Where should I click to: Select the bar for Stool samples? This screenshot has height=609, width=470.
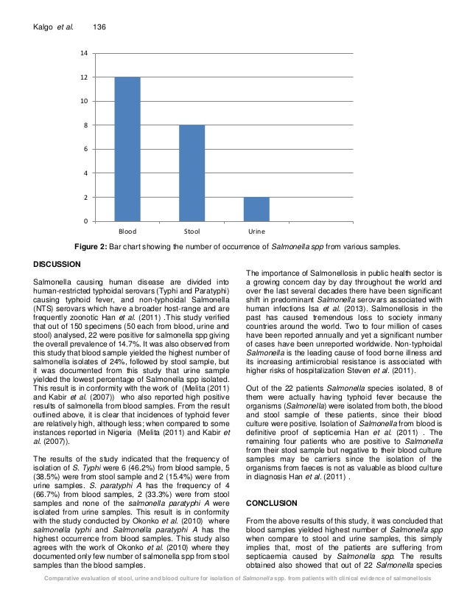(192, 173)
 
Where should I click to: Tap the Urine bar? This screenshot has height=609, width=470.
(256, 209)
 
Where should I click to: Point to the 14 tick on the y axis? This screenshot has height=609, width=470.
(84, 54)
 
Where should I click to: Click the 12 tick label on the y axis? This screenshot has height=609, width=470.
(84, 77)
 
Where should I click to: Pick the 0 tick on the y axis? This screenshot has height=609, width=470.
(86, 222)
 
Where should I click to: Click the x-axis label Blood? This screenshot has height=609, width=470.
(127, 232)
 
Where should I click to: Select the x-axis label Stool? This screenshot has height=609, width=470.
(192, 232)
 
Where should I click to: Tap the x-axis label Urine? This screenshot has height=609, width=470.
(256, 232)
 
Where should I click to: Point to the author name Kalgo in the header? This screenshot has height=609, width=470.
(46, 27)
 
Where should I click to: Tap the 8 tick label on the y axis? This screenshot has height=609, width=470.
(86, 126)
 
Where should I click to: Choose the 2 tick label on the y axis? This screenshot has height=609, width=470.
(86, 198)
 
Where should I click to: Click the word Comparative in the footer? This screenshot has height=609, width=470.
(64, 598)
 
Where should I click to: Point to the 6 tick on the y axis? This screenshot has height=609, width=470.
(86, 150)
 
